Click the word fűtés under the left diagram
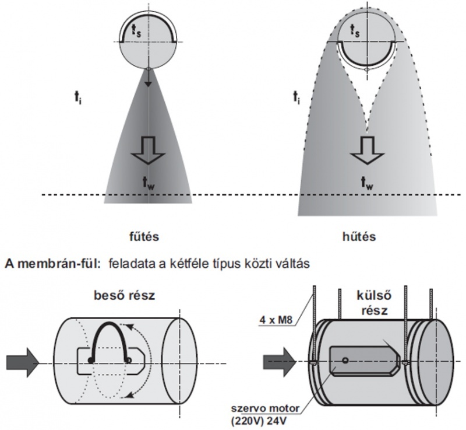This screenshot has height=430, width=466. [x=143, y=237]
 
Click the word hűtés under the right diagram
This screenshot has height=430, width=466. [x=359, y=237]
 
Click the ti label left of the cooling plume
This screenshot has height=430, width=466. [x=298, y=100]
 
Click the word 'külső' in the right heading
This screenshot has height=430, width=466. [x=369, y=296]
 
